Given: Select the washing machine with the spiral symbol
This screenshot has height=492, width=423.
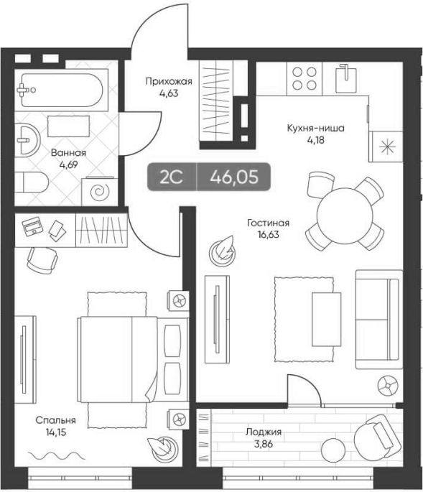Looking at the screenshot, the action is point(100,192).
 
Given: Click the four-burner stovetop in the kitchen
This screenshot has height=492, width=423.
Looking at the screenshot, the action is point(305,79).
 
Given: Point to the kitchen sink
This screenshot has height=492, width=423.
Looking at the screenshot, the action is point(346,78).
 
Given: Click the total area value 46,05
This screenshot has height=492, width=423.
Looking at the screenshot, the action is point(234,177).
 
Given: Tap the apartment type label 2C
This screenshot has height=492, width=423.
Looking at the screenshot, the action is point(171,177).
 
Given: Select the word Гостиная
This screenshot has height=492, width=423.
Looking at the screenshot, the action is point(269,223).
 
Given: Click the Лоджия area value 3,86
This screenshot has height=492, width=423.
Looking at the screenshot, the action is point(264,444).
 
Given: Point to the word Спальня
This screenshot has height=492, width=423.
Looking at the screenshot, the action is point(56,420).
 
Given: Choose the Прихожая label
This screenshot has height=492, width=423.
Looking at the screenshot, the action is point(169,82).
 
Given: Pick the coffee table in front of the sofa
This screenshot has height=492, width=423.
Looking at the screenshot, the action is point(326,319).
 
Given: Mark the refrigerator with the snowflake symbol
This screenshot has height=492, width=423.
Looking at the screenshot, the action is point(386,147).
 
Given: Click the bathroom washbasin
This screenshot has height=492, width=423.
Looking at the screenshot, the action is point(27,139).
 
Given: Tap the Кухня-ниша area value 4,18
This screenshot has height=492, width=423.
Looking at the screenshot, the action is point(316,140).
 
